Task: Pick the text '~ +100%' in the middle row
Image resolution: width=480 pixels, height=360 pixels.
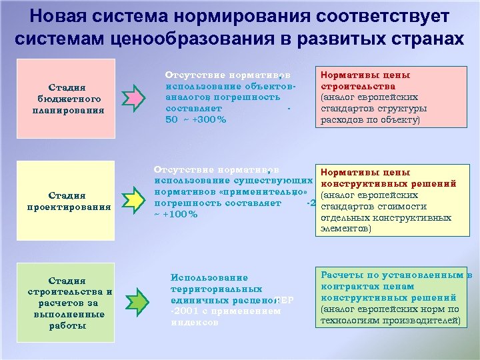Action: [175, 214]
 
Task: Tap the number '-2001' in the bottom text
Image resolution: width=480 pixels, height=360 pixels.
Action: [184, 311]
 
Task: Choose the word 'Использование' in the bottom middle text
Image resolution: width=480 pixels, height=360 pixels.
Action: [209, 277]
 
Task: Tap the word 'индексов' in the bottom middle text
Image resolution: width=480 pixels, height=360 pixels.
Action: [195, 321]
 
